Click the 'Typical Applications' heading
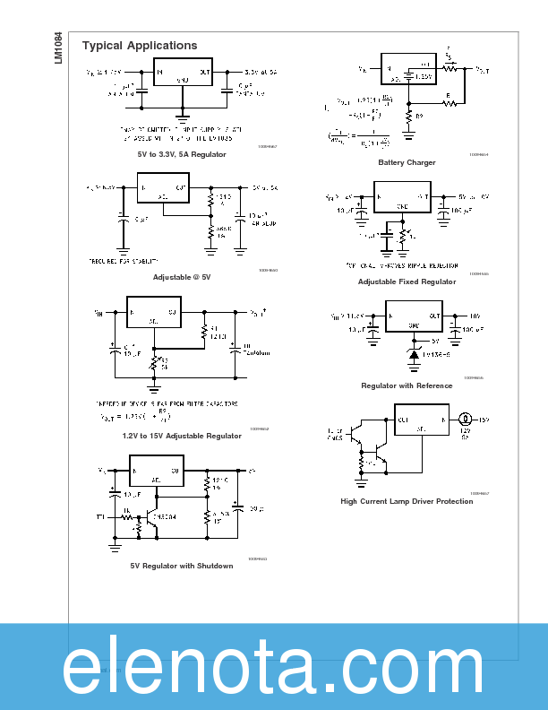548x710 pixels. click(x=140, y=46)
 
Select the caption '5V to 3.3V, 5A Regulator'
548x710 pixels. click(x=176, y=154)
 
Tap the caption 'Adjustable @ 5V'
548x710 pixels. click(x=182, y=277)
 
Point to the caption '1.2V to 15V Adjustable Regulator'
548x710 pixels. click(x=182, y=436)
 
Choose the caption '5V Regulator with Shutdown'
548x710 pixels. click(x=182, y=566)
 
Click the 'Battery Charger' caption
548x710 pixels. click(x=407, y=162)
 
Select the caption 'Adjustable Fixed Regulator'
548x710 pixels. click(x=407, y=281)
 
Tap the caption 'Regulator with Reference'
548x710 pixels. click(x=407, y=385)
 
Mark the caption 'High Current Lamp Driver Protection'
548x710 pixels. click(x=407, y=501)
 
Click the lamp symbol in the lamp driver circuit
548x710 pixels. click(x=466, y=419)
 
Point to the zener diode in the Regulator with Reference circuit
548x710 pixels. click(x=414, y=355)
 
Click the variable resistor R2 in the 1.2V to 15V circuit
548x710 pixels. click(x=155, y=362)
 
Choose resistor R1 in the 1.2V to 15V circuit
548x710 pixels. click(x=203, y=331)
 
